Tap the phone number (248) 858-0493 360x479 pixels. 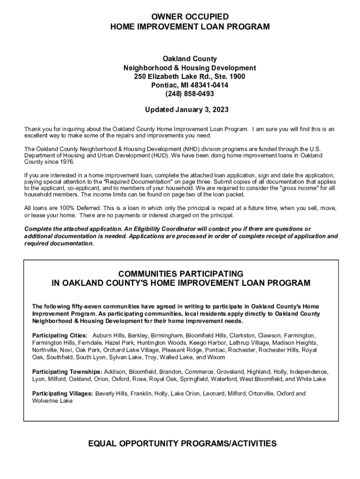coord(189,94)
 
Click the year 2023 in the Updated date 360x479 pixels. coord(219,110)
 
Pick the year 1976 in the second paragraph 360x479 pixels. coord(66,161)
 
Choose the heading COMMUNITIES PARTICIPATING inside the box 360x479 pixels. coord(180,273)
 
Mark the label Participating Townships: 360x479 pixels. coord(67,372)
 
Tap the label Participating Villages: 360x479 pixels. coord(63,393)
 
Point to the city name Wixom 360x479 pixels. coord(216,357)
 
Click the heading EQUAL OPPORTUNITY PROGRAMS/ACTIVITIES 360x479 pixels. coord(182,443)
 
